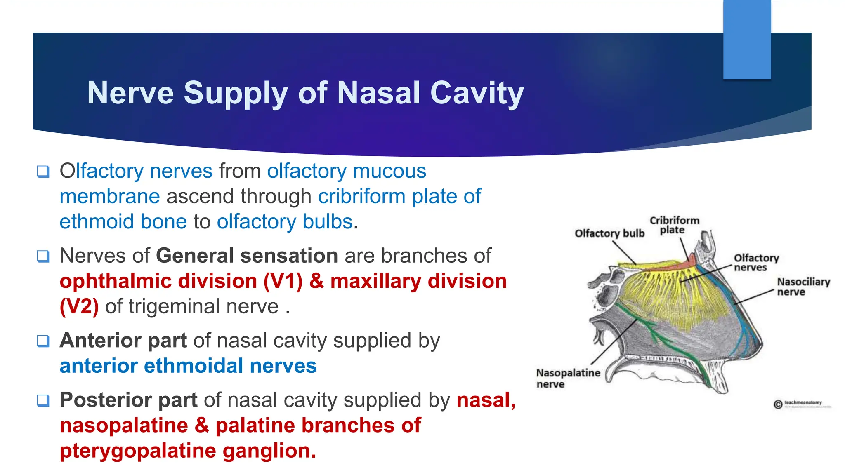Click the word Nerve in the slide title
tap(130, 93)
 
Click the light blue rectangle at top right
tap(747, 39)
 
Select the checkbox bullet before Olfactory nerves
tap(43, 171)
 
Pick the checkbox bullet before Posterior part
tap(43, 400)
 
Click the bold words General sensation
tap(247, 256)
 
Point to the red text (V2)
tap(79, 307)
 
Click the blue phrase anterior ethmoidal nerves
tap(188, 366)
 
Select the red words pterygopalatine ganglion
tap(188, 451)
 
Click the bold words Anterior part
tap(123, 341)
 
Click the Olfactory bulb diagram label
tap(609, 233)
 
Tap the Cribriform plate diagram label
tap(674, 225)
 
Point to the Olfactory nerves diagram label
tap(756, 263)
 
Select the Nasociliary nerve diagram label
tap(803, 287)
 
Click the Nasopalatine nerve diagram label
tap(568, 378)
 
